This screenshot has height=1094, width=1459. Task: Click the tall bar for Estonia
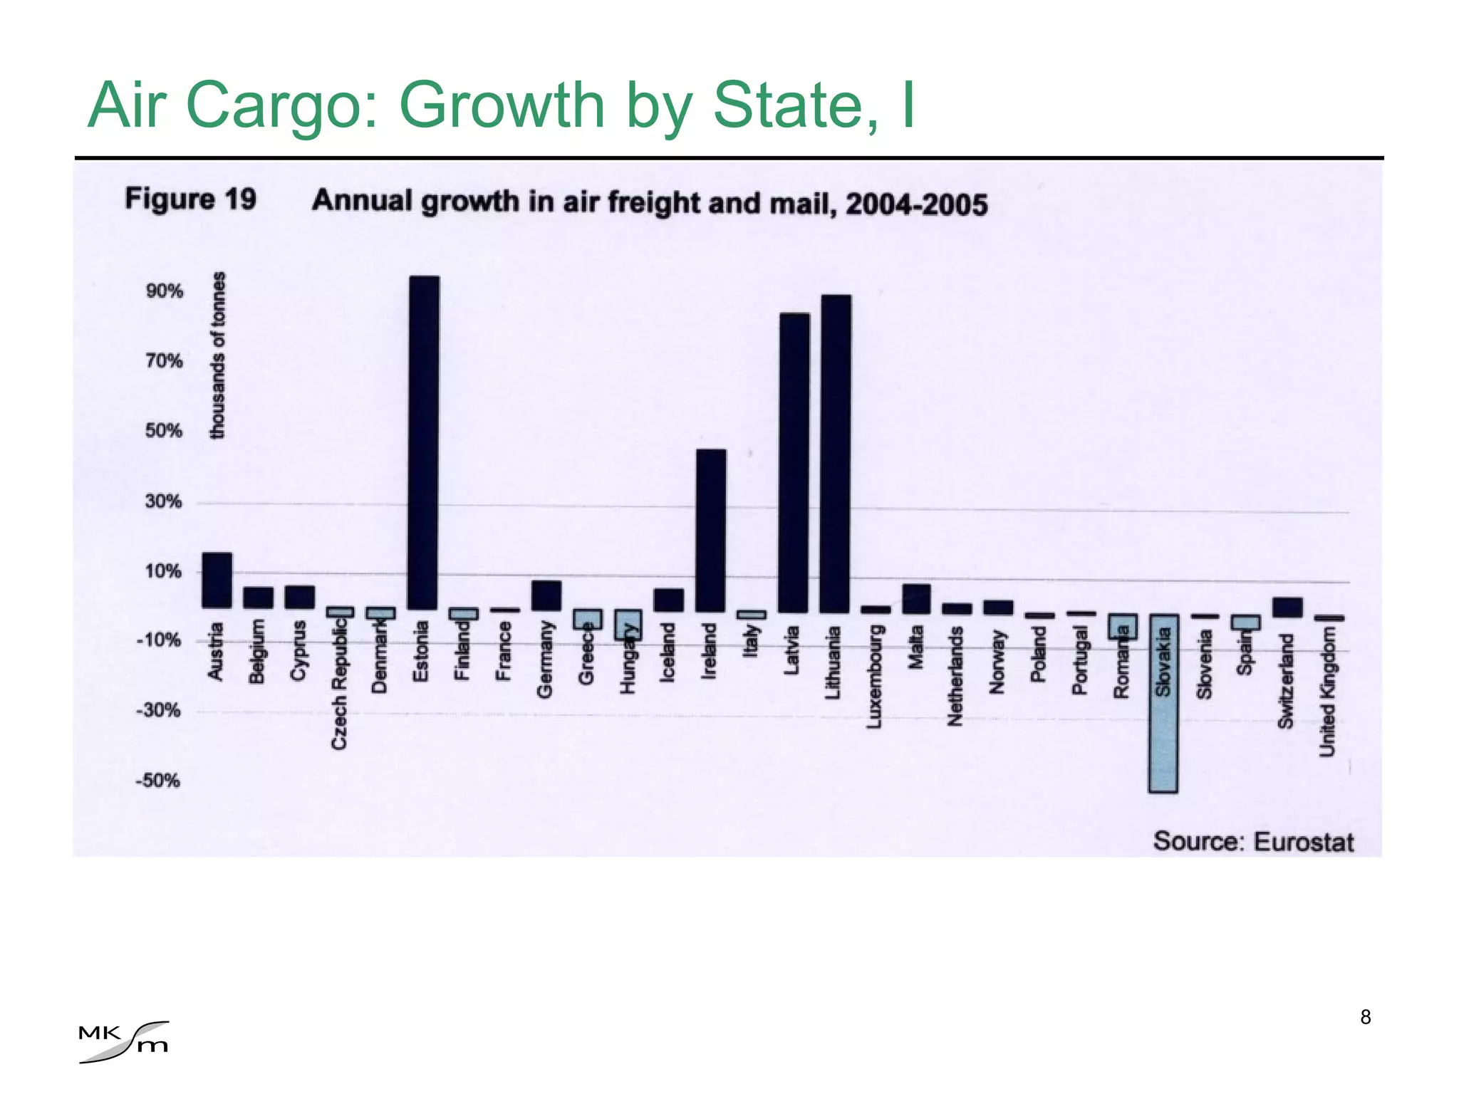click(x=424, y=442)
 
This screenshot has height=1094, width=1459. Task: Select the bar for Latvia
click(x=794, y=463)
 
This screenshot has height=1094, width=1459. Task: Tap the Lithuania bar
click(x=835, y=454)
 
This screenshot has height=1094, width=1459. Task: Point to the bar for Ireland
click(x=710, y=531)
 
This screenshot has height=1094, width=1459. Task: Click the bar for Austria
click(x=217, y=580)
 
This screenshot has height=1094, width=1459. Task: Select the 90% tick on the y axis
click(x=165, y=291)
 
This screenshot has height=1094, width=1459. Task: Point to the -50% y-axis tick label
click(x=158, y=781)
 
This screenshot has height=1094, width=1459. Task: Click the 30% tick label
click(x=164, y=501)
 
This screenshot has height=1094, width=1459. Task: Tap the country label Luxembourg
click(x=875, y=677)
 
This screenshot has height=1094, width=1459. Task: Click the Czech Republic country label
click(x=339, y=684)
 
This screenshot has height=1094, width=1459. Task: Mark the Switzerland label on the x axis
click(x=1285, y=681)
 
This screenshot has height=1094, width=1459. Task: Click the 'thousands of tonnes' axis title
click(x=217, y=355)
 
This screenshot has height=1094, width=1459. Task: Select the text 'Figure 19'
click(x=190, y=199)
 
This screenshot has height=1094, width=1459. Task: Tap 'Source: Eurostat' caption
click(x=1253, y=841)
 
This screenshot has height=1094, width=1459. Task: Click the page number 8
click(x=1365, y=1017)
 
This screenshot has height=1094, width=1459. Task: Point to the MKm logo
click(x=125, y=1041)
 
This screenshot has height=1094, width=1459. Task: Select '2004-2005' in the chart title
click(x=917, y=204)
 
